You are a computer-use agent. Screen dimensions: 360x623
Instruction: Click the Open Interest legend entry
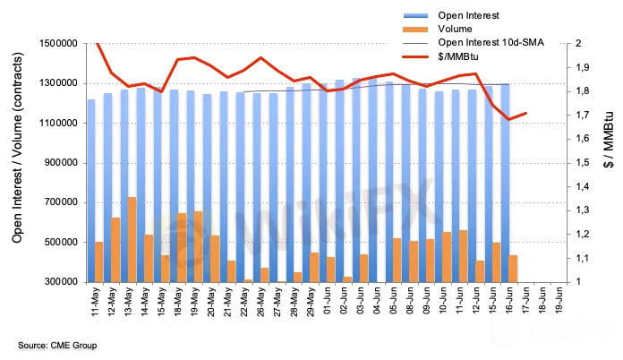tap(469, 15)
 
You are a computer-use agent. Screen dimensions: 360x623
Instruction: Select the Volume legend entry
tap(455, 29)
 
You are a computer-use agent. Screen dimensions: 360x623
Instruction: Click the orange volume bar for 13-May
tap(132, 239)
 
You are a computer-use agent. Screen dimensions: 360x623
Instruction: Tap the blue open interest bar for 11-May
tap(91, 190)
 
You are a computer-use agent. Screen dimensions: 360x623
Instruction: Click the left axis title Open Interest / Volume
tap(18, 163)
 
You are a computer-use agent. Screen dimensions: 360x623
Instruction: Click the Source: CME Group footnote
tap(56, 345)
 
